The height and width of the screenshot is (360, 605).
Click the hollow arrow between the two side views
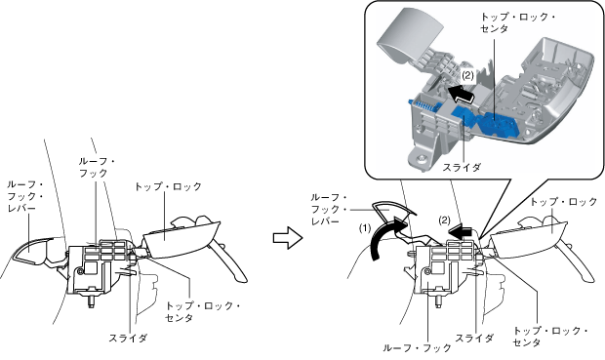[x=287, y=238]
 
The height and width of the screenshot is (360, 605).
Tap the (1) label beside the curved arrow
[x=365, y=228]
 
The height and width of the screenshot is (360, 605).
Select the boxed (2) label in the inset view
[x=467, y=75]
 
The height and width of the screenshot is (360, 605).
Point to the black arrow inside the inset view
[x=462, y=95]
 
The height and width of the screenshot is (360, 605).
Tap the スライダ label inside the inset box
[x=462, y=168]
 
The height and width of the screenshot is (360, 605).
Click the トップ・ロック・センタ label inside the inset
[x=517, y=22]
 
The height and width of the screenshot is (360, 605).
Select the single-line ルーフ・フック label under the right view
[x=417, y=348]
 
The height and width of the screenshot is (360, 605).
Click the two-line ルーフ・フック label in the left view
[x=97, y=168]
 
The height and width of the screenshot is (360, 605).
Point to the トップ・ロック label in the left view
[x=168, y=186]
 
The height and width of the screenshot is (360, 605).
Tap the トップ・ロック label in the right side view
[x=563, y=202]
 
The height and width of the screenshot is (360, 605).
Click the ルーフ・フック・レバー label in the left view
[x=25, y=196]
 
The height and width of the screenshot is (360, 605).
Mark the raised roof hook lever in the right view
[x=393, y=212]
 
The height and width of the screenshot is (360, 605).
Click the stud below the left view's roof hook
[x=91, y=301]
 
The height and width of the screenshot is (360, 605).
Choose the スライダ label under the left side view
[x=128, y=338]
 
